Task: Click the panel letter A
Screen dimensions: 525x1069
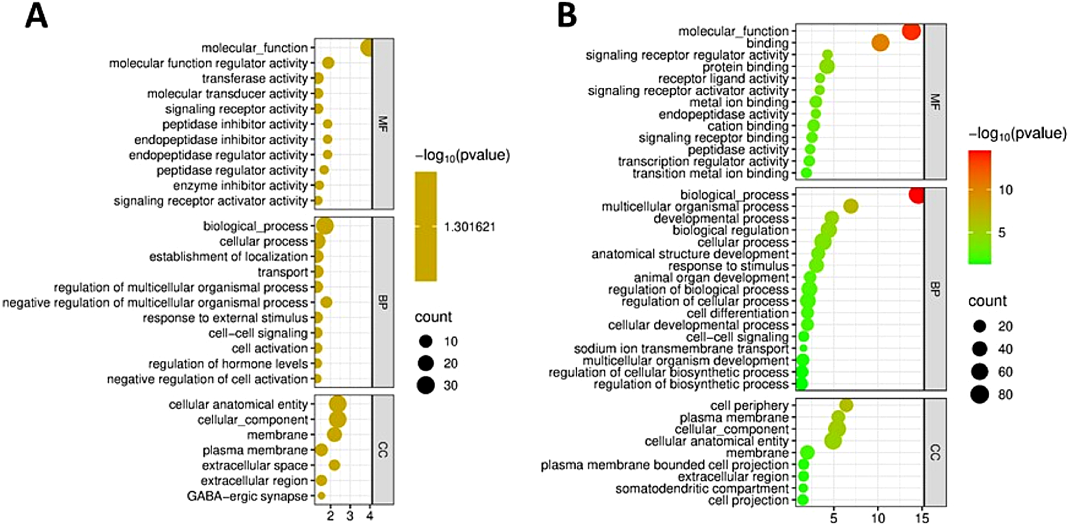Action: click(x=36, y=17)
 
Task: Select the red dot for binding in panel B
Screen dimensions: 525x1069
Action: click(x=880, y=43)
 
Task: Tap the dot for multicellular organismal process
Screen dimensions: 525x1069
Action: click(x=850, y=206)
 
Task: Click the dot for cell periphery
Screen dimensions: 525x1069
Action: click(x=846, y=405)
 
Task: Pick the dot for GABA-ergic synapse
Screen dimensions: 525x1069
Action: click(x=322, y=495)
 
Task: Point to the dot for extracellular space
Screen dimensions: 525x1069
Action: click(x=334, y=465)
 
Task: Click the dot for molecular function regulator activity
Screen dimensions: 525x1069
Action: click(x=328, y=63)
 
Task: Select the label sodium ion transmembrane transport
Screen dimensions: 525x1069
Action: click(x=681, y=349)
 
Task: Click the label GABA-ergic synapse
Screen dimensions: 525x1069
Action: click(x=247, y=496)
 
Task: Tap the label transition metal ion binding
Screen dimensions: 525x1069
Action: click(x=710, y=173)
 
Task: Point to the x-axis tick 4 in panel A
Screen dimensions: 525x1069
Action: click(x=369, y=515)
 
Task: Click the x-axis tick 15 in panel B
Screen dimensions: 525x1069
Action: click(x=923, y=518)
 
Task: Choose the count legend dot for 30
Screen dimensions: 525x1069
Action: click(x=426, y=385)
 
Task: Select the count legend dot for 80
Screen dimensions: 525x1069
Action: click(x=980, y=395)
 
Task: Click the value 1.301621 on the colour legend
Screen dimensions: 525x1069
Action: click(x=470, y=227)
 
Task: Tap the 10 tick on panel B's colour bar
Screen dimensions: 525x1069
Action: click(x=1005, y=190)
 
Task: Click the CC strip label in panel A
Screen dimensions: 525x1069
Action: click(x=382, y=450)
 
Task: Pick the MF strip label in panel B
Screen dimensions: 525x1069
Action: click(x=935, y=101)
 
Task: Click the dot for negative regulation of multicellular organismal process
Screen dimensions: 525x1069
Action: click(x=326, y=302)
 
